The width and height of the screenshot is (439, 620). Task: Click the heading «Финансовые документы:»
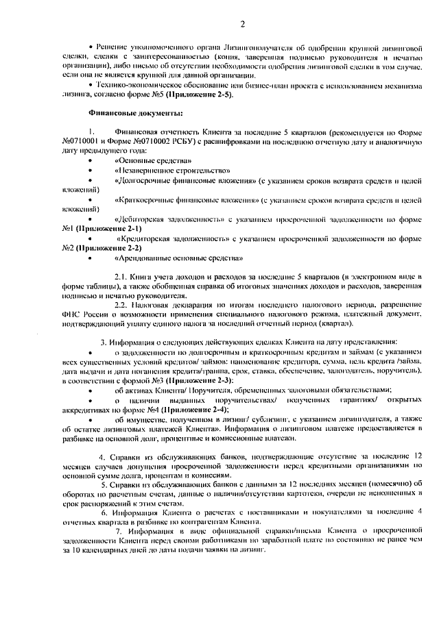click(135, 112)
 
